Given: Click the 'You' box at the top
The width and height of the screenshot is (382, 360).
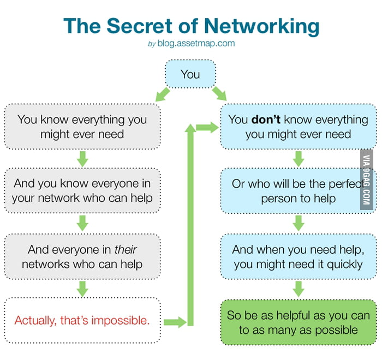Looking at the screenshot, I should point(190,74).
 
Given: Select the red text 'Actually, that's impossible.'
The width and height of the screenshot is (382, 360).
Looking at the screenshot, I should point(82,320).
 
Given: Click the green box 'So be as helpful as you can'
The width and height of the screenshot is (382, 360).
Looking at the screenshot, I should point(298,322).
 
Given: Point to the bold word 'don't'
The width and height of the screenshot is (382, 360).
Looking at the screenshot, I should point(266,119).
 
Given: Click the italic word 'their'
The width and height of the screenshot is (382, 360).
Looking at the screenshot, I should point(125,250).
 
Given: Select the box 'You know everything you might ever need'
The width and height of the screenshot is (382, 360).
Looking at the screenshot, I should point(82,126).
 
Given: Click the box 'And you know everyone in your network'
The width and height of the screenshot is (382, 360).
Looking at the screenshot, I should point(82,190).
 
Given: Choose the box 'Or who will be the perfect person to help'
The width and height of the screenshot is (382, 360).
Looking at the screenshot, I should point(298,190).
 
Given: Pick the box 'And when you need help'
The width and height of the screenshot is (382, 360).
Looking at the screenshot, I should point(298,257).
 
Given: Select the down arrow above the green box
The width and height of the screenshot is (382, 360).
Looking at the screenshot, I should point(298,288).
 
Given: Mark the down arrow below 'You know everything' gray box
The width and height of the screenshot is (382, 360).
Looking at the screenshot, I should point(82,159).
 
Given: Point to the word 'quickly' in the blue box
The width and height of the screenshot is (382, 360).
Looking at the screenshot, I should point(342,265).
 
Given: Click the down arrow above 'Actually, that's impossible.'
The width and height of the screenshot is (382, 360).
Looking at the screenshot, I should point(82,288).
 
